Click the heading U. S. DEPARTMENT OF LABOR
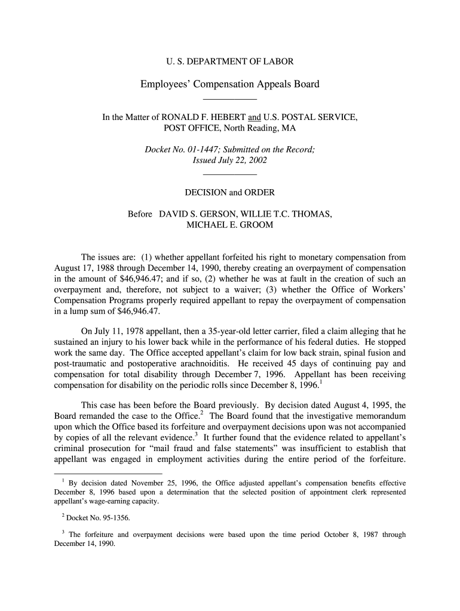click(x=229, y=61)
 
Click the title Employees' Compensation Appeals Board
click(x=229, y=84)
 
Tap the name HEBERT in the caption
click(x=227, y=118)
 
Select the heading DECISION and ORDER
click(x=229, y=192)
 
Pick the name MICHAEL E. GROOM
click(x=229, y=225)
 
